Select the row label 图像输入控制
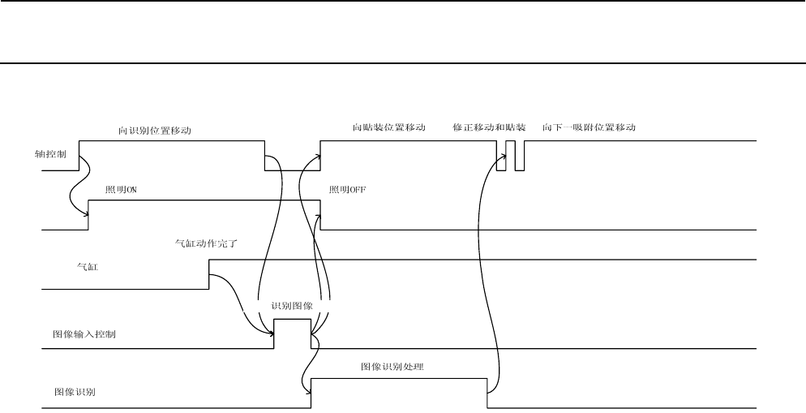coord(84,333)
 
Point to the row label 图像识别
coord(72,391)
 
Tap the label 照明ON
coord(123,189)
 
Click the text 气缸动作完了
coord(206,242)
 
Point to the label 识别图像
coord(292,306)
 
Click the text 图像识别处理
coord(393,367)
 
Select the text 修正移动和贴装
coord(489,128)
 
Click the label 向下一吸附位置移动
coord(588,128)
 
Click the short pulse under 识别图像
coord(292,320)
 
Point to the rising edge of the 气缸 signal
coord(209,274)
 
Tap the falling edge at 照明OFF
coord(320,215)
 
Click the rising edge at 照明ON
coord(88,215)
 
